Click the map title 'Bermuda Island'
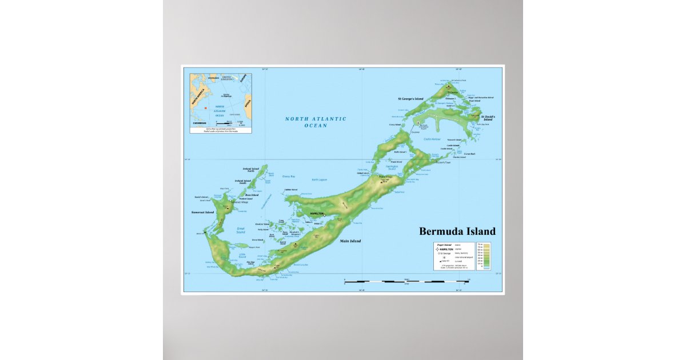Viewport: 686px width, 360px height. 457,231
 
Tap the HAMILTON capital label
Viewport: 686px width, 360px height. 316,213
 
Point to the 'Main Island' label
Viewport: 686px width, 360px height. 350,241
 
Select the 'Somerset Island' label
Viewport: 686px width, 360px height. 202,213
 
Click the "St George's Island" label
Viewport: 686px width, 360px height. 410,99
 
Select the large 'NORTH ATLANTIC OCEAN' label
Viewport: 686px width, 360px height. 316,122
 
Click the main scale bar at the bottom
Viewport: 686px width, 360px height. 406,281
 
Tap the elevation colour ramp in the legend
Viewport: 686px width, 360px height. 486,255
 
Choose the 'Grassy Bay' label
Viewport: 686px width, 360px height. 289,177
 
